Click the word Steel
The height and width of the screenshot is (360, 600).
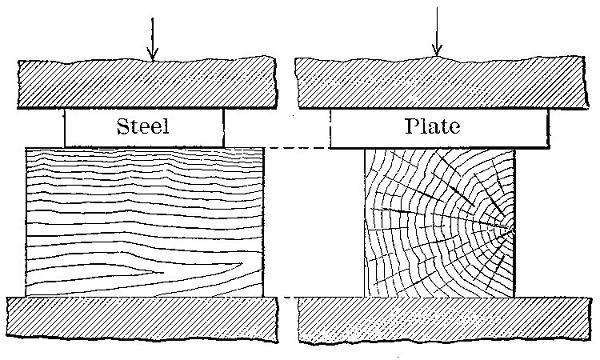click(x=144, y=128)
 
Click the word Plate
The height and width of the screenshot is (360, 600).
click(x=438, y=128)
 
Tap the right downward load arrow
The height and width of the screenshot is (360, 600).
click(x=435, y=35)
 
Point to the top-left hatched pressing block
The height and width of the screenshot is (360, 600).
click(x=144, y=84)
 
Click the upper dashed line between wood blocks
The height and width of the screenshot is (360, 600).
click(x=296, y=149)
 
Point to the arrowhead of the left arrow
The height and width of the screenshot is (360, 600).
click(x=151, y=56)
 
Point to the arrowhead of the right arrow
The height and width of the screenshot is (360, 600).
click(x=435, y=51)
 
